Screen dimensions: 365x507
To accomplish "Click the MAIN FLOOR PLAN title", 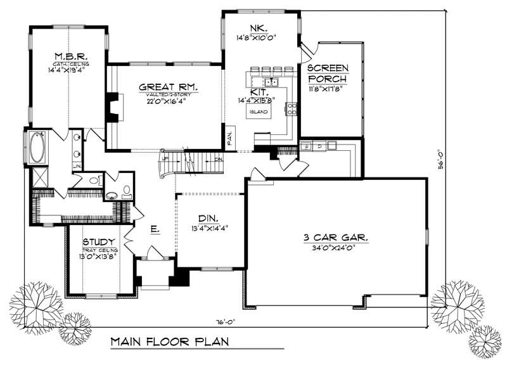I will [x=170, y=342].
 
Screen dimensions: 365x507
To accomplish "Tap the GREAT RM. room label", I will [x=168, y=87].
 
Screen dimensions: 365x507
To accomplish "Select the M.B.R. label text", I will [x=66, y=54].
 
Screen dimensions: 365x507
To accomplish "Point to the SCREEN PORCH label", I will [x=326, y=74].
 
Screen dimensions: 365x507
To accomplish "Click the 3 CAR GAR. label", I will [x=336, y=238].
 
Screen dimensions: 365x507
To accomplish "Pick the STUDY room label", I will [x=98, y=241].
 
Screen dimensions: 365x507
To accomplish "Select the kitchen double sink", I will [x=273, y=82].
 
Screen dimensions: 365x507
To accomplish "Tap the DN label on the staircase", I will [x=217, y=159].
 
